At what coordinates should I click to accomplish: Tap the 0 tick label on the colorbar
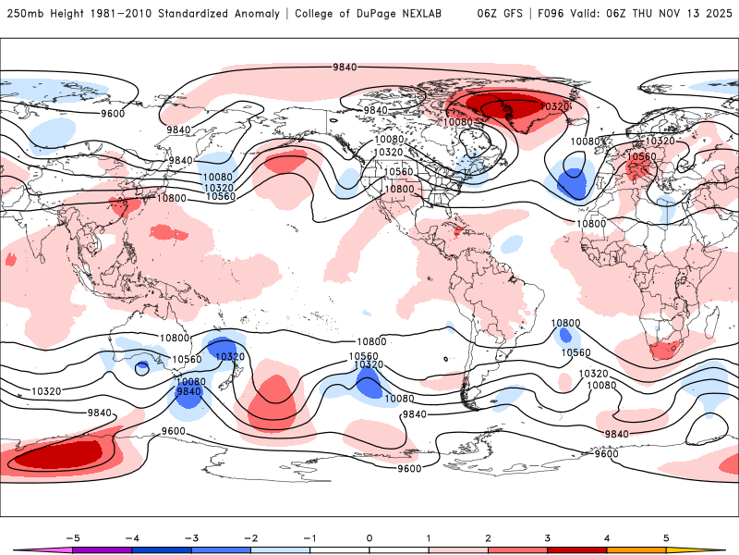[x=369, y=536]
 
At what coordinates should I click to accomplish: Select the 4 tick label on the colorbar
[x=607, y=536]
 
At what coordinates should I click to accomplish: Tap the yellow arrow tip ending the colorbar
[x=716, y=549]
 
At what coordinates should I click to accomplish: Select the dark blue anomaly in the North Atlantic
[x=574, y=183]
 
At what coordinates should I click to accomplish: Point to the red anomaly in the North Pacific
[x=286, y=161]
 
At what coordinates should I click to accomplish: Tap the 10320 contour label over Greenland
[x=553, y=107]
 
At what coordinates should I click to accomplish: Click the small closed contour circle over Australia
[x=142, y=368]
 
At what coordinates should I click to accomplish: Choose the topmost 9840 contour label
[x=345, y=67]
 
